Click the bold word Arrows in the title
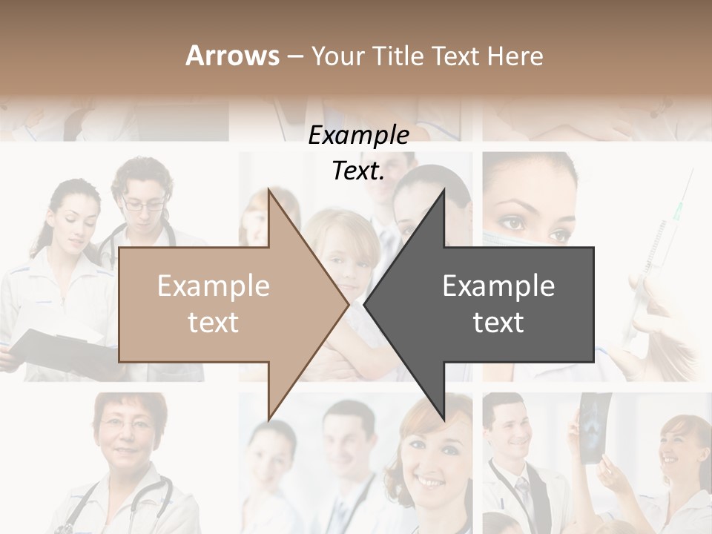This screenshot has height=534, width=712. [x=233, y=56]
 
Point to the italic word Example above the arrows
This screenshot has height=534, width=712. [x=358, y=136]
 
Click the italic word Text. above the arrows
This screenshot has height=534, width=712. [x=358, y=171]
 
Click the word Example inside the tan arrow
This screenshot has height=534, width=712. [x=213, y=286]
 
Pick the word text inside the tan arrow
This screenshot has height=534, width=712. [x=213, y=323]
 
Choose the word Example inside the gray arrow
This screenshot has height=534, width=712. [x=498, y=286]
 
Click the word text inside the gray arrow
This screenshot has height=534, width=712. [x=498, y=323]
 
